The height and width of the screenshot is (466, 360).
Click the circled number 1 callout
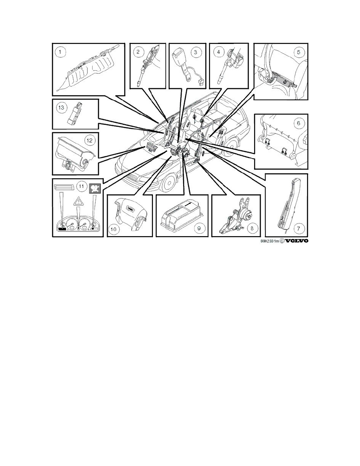tap(60, 52)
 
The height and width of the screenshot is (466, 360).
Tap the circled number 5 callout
tap(299, 52)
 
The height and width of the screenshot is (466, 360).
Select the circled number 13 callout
tap(61, 107)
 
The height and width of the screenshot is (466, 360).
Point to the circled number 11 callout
tap(80, 186)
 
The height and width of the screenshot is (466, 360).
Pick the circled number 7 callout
tap(298, 228)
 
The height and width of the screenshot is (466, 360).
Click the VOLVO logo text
tap(296, 241)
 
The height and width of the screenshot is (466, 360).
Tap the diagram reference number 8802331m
tap(270, 241)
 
